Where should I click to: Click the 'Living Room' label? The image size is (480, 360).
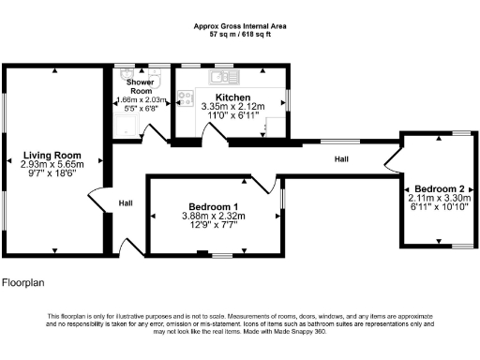52,155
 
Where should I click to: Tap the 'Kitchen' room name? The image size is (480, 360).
232,97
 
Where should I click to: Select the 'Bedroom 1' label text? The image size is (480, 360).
213,206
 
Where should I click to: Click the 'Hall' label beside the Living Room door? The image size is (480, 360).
125,202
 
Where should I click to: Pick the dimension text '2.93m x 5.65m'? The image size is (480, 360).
52,164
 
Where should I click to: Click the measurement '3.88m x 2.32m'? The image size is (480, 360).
213,216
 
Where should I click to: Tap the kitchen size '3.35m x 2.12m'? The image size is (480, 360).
232,107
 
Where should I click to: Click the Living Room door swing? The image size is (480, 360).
96,201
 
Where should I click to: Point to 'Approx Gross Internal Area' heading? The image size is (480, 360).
239,25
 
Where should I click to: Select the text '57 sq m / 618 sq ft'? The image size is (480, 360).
239,34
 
